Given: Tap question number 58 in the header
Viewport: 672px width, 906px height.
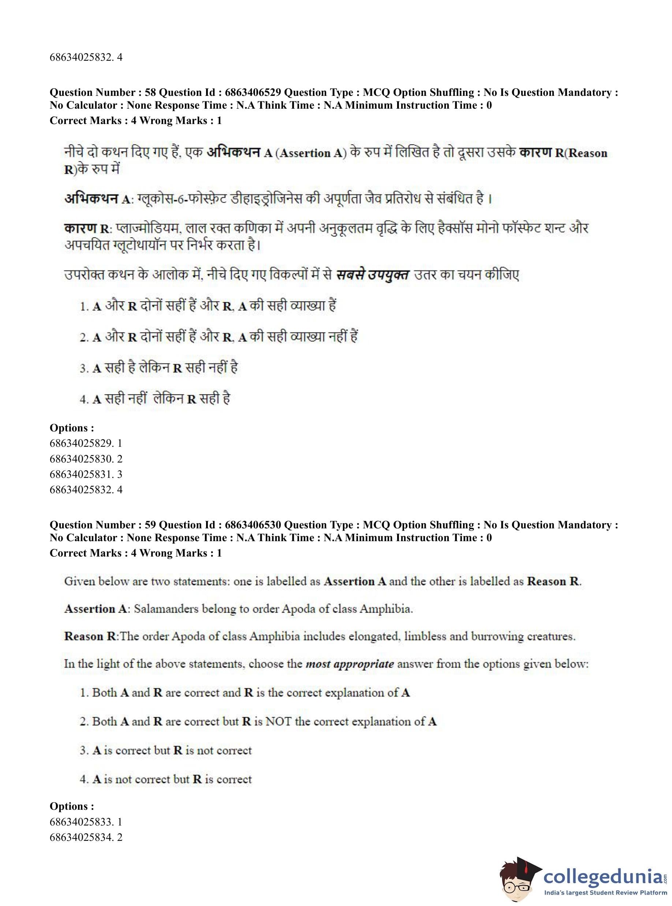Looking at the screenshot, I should (150, 93).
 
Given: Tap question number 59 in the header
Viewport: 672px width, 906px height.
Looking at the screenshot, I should (150, 525).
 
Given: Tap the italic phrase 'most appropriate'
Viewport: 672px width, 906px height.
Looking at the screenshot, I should (350, 664).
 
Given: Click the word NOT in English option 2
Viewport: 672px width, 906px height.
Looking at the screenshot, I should (278, 721).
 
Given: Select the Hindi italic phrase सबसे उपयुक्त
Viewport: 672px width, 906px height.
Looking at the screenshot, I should (372, 275).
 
